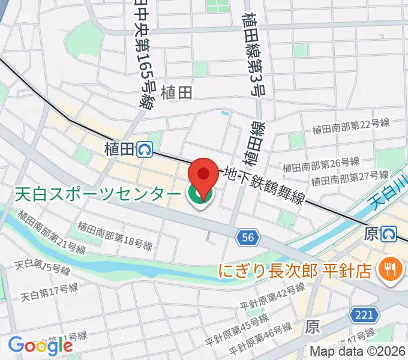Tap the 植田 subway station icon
coord(145,149)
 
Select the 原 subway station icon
coord(391,233)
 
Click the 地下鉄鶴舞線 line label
coord(264,185)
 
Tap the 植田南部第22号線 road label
coord(351,127)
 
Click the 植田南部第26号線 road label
coord(321,164)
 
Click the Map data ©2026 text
coord(358,352)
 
